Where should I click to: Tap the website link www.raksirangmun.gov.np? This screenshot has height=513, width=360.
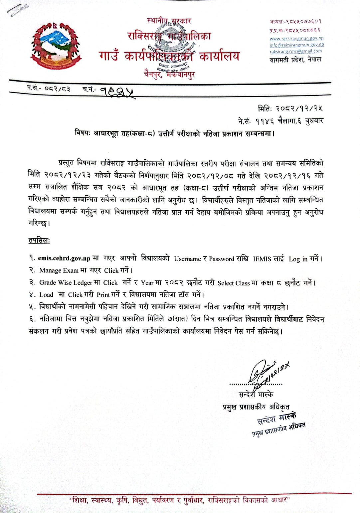pyautogui.click(x=296, y=39)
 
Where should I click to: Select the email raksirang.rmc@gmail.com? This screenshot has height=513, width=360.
pyautogui.click(x=296, y=51)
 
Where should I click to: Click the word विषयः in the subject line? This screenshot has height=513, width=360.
pyautogui.click(x=83, y=133)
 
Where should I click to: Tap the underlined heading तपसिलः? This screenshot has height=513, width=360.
pyautogui.click(x=39, y=241)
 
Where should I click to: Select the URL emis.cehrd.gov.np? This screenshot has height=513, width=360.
pyautogui.click(x=64, y=258)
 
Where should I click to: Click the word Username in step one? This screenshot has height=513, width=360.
pyautogui.click(x=187, y=259)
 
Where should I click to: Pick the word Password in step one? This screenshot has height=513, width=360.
pyautogui.click(x=221, y=259)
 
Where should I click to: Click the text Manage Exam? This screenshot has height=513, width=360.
pyautogui.click(x=59, y=270)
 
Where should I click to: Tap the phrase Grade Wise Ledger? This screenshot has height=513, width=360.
pyautogui.click(x=66, y=283)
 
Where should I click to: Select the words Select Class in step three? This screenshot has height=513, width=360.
pyautogui.click(x=233, y=283)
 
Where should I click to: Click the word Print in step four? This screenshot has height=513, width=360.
pyautogui.click(x=103, y=295)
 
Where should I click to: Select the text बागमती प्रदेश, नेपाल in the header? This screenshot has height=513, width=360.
pyautogui.click(x=295, y=60)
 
